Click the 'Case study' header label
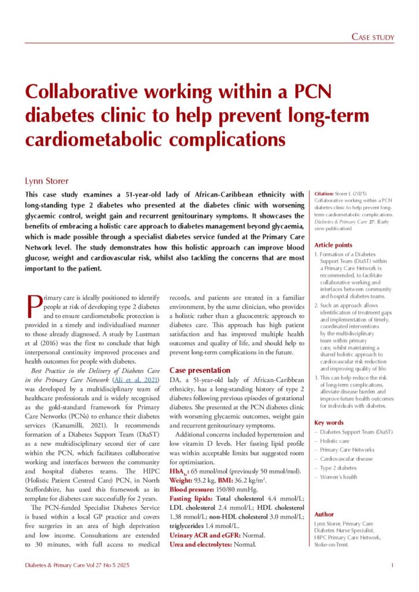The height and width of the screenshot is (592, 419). click(373, 38)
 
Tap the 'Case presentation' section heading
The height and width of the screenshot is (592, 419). click(200, 370)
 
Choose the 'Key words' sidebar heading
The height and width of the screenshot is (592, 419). click(328, 423)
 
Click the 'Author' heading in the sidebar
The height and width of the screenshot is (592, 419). click(324, 514)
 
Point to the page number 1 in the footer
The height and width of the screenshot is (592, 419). click(392, 565)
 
